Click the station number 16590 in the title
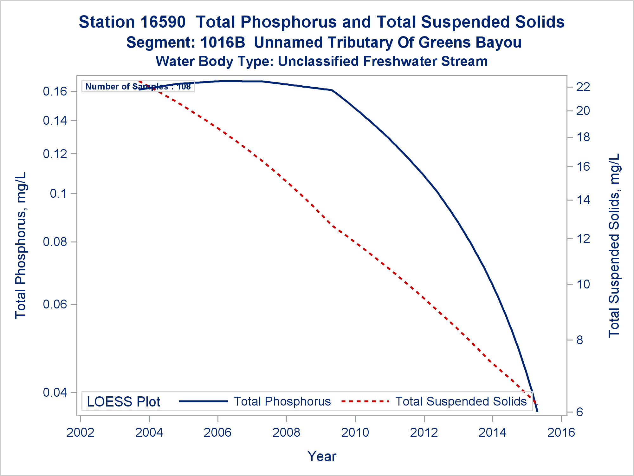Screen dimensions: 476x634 coord(163,22)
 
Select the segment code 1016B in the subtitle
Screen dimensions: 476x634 coord(223,43)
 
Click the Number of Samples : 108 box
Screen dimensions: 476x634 coord(138,86)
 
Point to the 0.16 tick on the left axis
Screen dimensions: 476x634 coord(55,92)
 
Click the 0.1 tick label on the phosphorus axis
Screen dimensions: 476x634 coord(59,193)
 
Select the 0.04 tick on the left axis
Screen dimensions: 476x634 coord(55,393)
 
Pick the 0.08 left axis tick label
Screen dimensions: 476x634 coord(55,242)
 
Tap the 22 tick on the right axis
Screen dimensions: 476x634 coord(583,87)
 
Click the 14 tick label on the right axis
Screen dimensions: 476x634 coord(583,200)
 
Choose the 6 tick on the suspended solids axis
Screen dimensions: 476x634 coord(579,412)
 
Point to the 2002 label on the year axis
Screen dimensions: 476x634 coord(81,433)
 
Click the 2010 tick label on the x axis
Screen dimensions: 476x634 coord(355,433)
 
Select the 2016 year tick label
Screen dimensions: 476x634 coord(561,433)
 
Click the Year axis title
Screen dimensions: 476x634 coord(322,456)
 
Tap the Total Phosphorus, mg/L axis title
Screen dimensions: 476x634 coord(21,245)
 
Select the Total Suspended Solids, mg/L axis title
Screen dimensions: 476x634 coord(614,245)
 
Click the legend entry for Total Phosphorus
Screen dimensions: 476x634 coord(282,401)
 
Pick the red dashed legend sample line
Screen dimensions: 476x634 coord(365,401)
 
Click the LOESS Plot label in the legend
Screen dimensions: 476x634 coord(123,402)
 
